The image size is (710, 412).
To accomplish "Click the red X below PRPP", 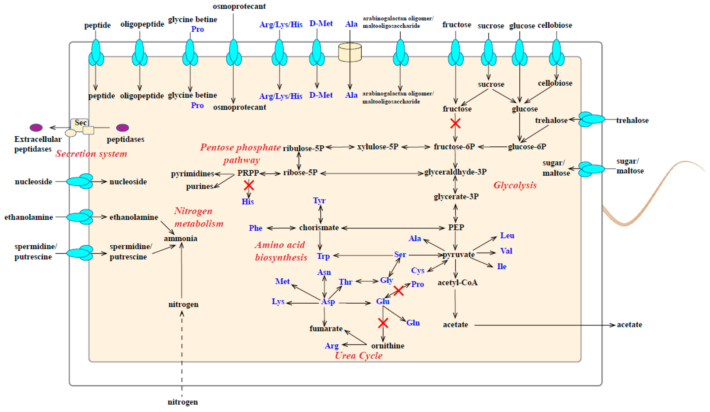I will tap(249, 185).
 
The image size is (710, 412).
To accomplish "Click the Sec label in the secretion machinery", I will tap(80, 123).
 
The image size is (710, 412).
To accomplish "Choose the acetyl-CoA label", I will tap(457, 282).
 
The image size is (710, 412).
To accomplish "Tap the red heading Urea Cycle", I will tap(358, 355).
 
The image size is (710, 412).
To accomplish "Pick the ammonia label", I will tap(181, 239).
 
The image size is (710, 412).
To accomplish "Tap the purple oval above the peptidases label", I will tap(123, 128).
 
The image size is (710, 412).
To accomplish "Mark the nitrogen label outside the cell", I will tap(183, 402).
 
